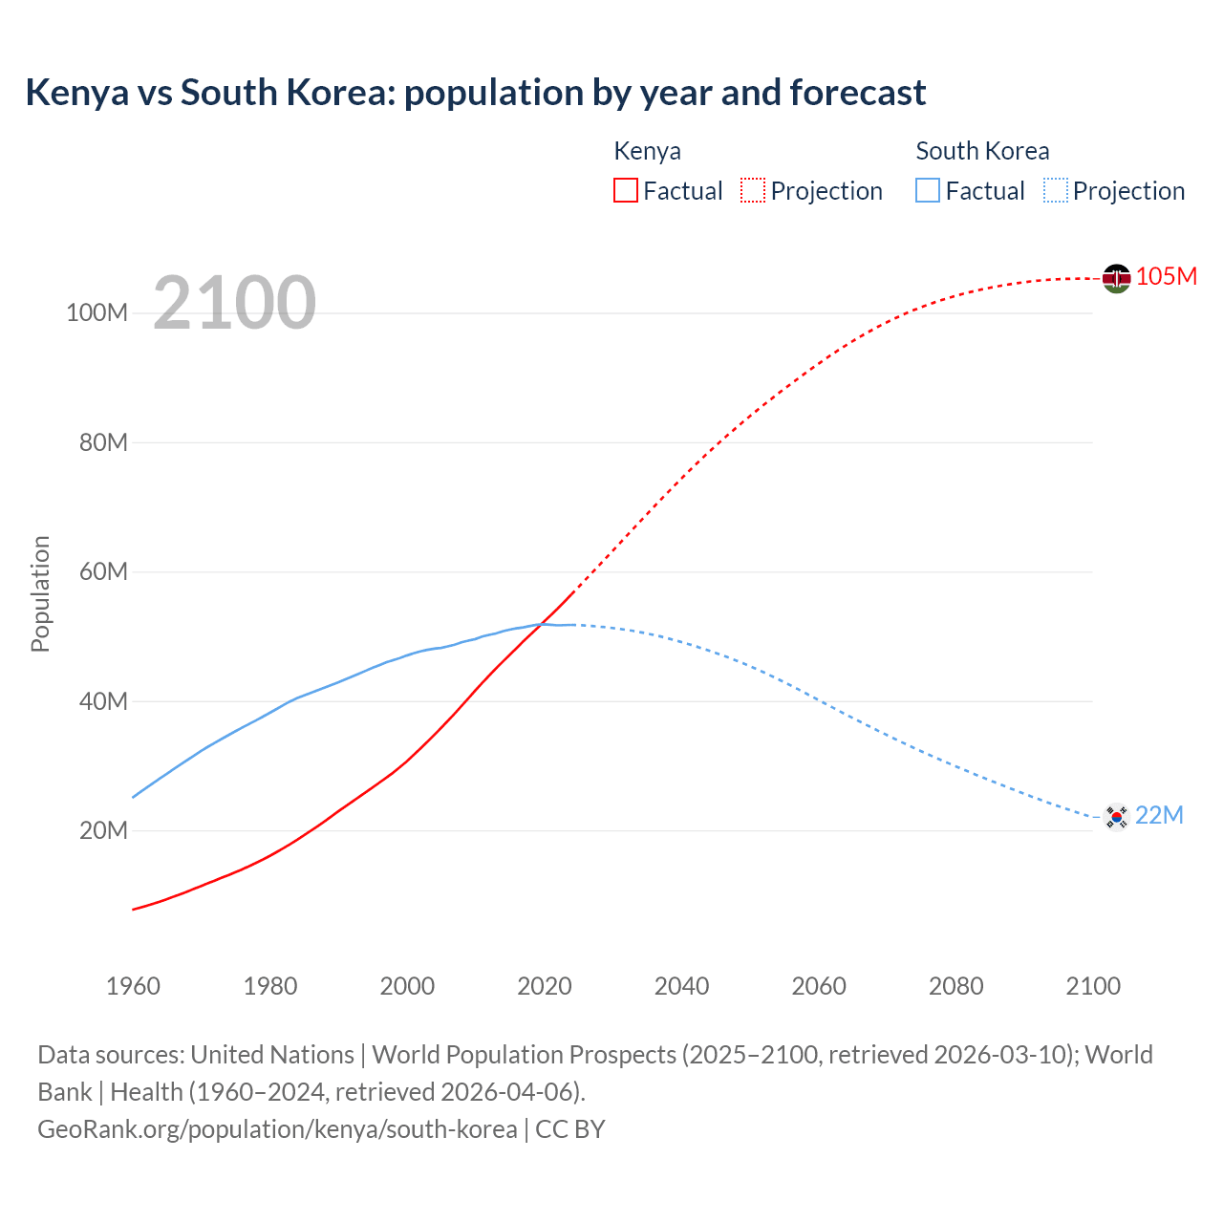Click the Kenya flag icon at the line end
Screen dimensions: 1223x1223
(x=1116, y=278)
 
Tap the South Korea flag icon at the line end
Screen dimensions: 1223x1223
(x=1116, y=817)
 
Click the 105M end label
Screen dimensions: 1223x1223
(x=1166, y=276)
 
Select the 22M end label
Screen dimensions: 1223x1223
(x=1159, y=815)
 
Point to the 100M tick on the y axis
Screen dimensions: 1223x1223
(x=97, y=313)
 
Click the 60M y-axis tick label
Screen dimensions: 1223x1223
(x=103, y=572)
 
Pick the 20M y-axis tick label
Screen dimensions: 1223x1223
(x=103, y=830)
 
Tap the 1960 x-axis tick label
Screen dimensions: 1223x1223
(x=133, y=986)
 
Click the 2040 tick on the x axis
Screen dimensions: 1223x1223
(x=681, y=986)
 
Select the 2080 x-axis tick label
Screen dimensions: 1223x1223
(x=955, y=986)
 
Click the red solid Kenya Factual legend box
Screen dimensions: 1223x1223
(x=625, y=190)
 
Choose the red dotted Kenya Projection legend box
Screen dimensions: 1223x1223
(x=753, y=190)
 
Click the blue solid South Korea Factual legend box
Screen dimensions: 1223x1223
(x=927, y=190)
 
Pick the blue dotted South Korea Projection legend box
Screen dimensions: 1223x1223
(x=1055, y=190)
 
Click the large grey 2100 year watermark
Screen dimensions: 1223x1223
(x=234, y=303)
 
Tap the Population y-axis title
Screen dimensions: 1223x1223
(x=40, y=593)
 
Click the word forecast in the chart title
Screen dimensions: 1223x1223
(x=858, y=93)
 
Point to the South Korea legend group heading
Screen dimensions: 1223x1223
(x=982, y=151)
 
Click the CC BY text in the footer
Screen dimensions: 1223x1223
(x=569, y=1129)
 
